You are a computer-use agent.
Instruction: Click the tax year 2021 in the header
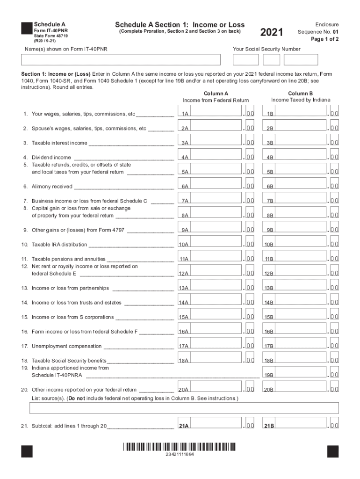(272, 32)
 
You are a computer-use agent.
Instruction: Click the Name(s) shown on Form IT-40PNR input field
(121, 60)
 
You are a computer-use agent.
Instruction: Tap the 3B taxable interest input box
(300, 142)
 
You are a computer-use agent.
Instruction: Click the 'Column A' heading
(216, 94)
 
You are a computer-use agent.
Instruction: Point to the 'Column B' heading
(301, 94)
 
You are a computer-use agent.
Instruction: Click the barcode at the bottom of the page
(180, 446)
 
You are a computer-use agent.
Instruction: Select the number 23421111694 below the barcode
(180, 455)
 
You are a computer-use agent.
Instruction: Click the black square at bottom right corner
(332, 451)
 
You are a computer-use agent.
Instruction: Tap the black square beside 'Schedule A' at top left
(27, 29)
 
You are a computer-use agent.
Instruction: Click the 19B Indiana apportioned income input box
(300, 374)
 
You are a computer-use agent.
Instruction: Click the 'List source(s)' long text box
(184, 408)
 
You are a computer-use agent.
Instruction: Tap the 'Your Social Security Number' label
(266, 49)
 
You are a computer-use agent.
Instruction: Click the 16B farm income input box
(300, 331)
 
